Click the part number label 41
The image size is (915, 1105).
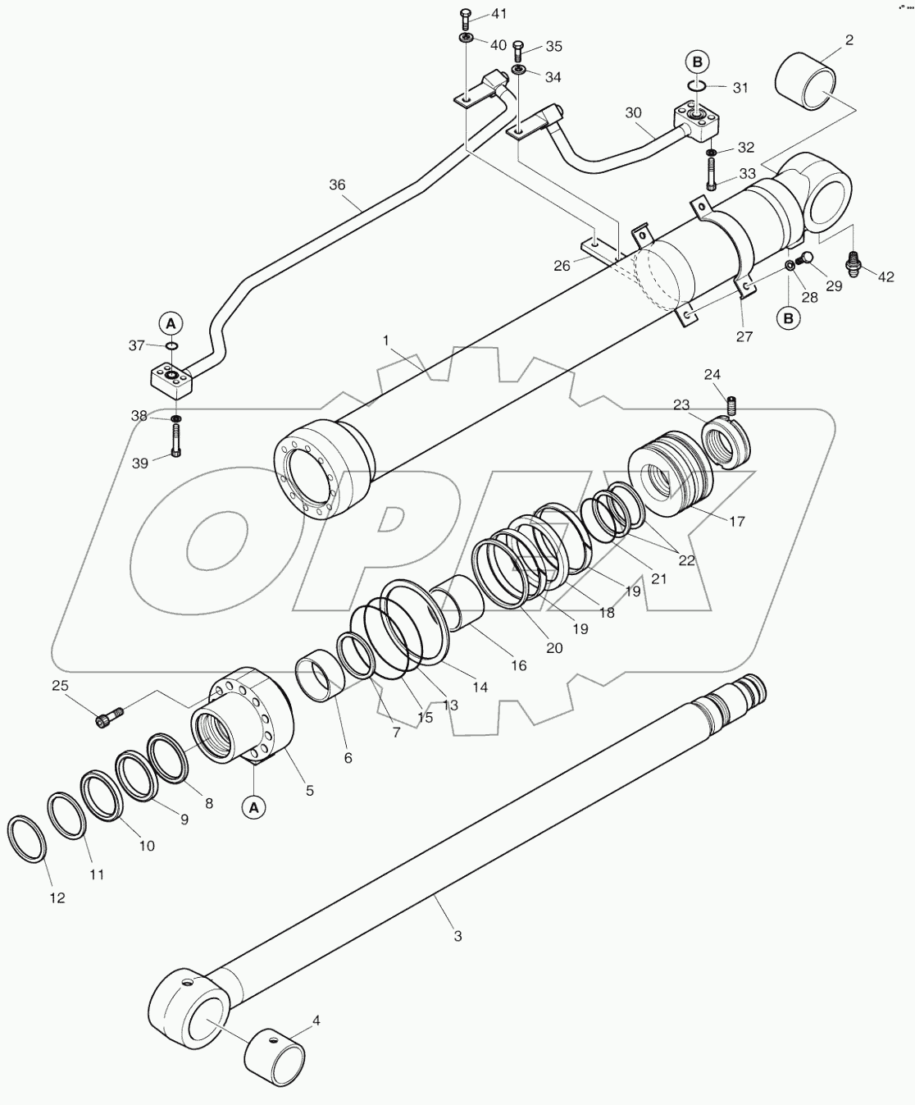[x=498, y=15]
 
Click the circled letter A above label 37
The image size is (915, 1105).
[x=171, y=322]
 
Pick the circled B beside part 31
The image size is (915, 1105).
[x=697, y=61]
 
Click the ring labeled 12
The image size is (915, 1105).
[x=26, y=838]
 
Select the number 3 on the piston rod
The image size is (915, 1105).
[x=457, y=935]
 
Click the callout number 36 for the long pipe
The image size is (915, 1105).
[x=338, y=185]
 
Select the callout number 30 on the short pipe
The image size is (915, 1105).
[x=634, y=112]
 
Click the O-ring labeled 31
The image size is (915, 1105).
[x=696, y=85]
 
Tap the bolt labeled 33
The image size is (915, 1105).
[x=711, y=173]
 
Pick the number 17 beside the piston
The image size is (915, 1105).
[x=737, y=521]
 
